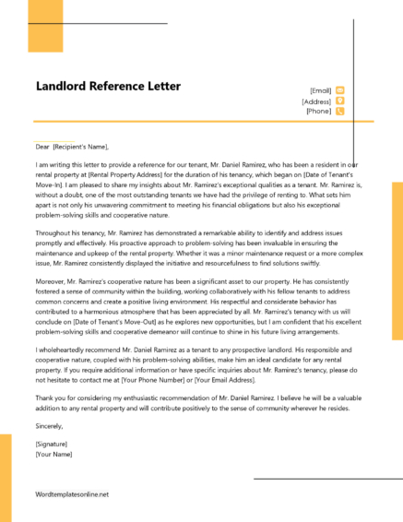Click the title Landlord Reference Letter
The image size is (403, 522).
(x=108, y=87)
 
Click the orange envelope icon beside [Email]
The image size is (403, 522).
(x=340, y=90)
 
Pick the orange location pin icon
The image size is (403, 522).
(x=340, y=101)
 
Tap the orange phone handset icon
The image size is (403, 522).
(x=340, y=111)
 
